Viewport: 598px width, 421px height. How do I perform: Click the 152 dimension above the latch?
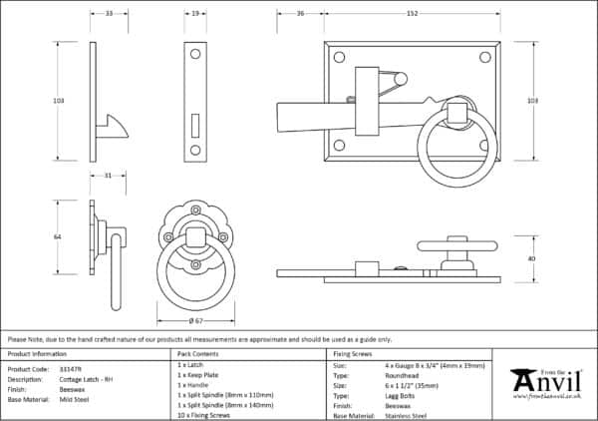(413, 14)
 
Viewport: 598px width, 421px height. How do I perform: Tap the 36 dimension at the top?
(300, 14)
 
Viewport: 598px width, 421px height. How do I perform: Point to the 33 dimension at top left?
(109, 14)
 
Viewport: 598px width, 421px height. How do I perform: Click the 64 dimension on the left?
(58, 237)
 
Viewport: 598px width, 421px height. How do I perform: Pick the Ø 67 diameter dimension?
(195, 321)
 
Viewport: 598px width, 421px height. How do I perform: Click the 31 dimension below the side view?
(108, 177)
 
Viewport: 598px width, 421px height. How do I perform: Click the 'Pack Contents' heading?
(196, 354)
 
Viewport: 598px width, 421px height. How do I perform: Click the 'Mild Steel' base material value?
(73, 399)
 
